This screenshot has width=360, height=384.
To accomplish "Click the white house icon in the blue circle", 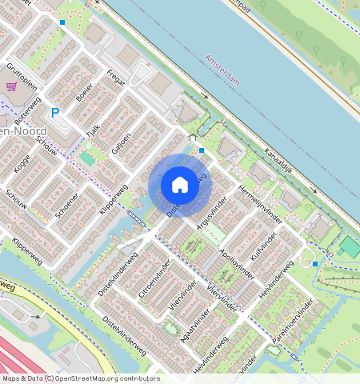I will click(x=180, y=185).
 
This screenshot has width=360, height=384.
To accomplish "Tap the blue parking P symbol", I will click(x=55, y=113).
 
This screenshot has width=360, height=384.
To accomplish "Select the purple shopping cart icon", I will click(x=12, y=86).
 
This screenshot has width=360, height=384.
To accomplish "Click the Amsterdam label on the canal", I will click(x=222, y=66).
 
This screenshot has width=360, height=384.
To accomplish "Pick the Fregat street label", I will click(x=114, y=82).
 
